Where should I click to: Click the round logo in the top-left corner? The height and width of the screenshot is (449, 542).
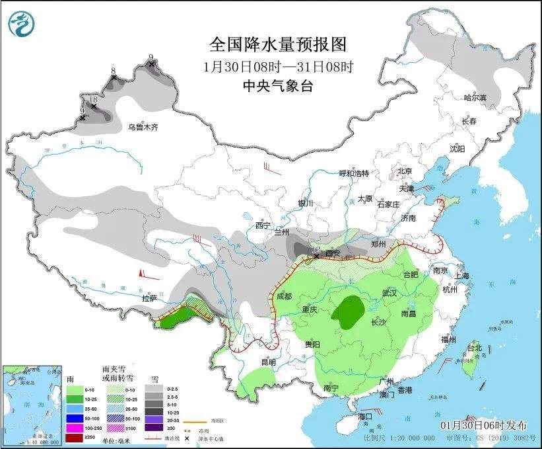click(21, 24)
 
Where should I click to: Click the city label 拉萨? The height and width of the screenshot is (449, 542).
click(149, 298)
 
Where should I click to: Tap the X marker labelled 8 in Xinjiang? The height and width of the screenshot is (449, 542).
click(114, 77)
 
